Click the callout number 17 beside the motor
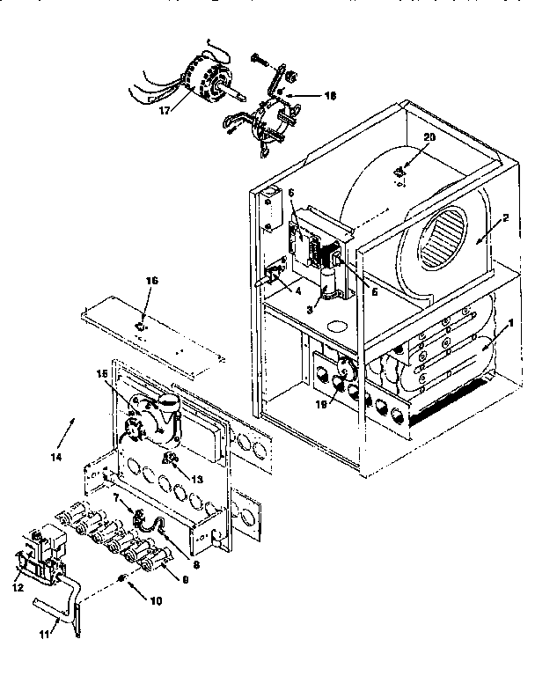(x=165, y=112)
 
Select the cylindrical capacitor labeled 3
(x=331, y=287)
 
